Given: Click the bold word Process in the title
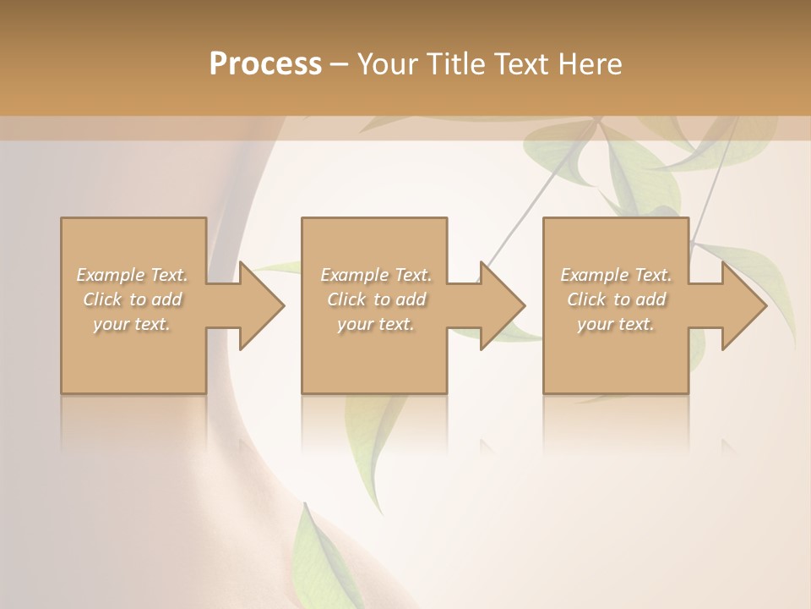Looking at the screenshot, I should tap(265, 64).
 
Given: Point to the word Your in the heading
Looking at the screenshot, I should tap(387, 64).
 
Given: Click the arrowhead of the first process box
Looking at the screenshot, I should tap(258, 305).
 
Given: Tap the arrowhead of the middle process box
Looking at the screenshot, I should tap(499, 305).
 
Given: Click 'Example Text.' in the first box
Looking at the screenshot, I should tap(133, 275).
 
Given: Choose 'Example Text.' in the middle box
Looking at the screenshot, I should tap(376, 275).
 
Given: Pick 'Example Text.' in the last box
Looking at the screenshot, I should tap(616, 275).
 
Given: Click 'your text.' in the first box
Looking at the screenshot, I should tap(132, 324).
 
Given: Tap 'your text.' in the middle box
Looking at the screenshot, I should tap(375, 324).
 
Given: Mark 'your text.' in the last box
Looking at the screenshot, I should tap(615, 324).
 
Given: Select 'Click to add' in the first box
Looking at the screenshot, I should tap(133, 299).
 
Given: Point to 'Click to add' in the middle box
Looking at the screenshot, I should tap(376, 299).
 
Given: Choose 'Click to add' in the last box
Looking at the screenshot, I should tap(617, 299).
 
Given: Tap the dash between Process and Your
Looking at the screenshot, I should tap(340, 64).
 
